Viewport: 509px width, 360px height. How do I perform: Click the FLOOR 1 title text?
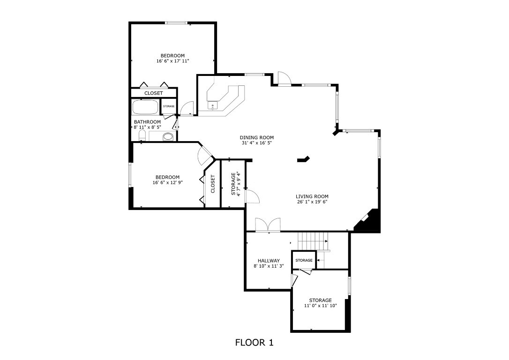[x=254, y=343]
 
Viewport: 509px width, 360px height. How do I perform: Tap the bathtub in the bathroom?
[x=146, y=107]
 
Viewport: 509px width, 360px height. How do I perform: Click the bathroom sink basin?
[x=168, y=137]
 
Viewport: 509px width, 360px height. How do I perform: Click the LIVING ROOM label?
[x=312, y=196]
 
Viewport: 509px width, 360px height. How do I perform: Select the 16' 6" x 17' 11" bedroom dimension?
[x=173, y=61]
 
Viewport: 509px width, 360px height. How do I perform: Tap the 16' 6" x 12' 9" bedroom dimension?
[x=167, y=183]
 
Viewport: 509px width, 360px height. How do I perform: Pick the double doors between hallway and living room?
[x=268, y=225]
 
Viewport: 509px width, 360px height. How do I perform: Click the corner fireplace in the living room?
[x=369, y=221]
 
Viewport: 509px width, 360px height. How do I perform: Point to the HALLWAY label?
[x=269, y=261]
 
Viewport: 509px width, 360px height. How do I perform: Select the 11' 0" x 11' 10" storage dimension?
[x=320, y=306]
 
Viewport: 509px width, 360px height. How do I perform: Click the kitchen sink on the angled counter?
[x=213, y=106]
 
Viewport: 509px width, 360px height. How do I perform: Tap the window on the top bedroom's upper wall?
[x=177, y=22]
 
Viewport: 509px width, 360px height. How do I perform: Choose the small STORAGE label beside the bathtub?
[x=169, y=106]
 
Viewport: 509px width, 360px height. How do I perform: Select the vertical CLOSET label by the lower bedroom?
[x=213, y=184]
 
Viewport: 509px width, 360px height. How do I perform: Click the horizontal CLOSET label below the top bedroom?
[x=153, y=93]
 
